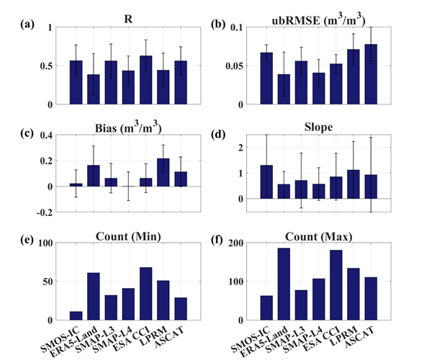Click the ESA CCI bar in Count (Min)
coord(166,294)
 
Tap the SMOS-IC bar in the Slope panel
coord(266,181)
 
